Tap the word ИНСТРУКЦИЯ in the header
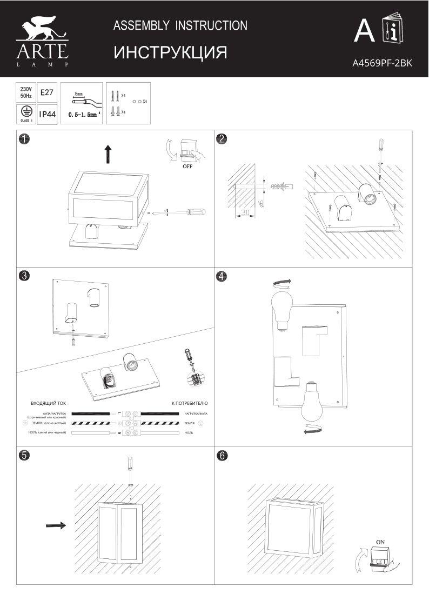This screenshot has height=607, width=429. point(170,52)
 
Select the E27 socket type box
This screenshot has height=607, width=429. point(47,92)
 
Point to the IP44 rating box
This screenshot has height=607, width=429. point(48,115)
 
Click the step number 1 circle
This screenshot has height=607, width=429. point(23,139)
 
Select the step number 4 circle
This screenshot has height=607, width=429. point(221,276)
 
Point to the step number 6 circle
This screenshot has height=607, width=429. point(221,455)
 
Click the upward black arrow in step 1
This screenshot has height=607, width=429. point(108,154)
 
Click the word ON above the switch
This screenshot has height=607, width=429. point(380,541)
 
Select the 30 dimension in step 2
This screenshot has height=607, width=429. point(245,212)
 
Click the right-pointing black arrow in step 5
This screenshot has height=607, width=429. point(56,524)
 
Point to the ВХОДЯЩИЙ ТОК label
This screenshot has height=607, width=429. point(48,403)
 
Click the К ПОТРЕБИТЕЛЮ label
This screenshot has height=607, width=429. point(189,403)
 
